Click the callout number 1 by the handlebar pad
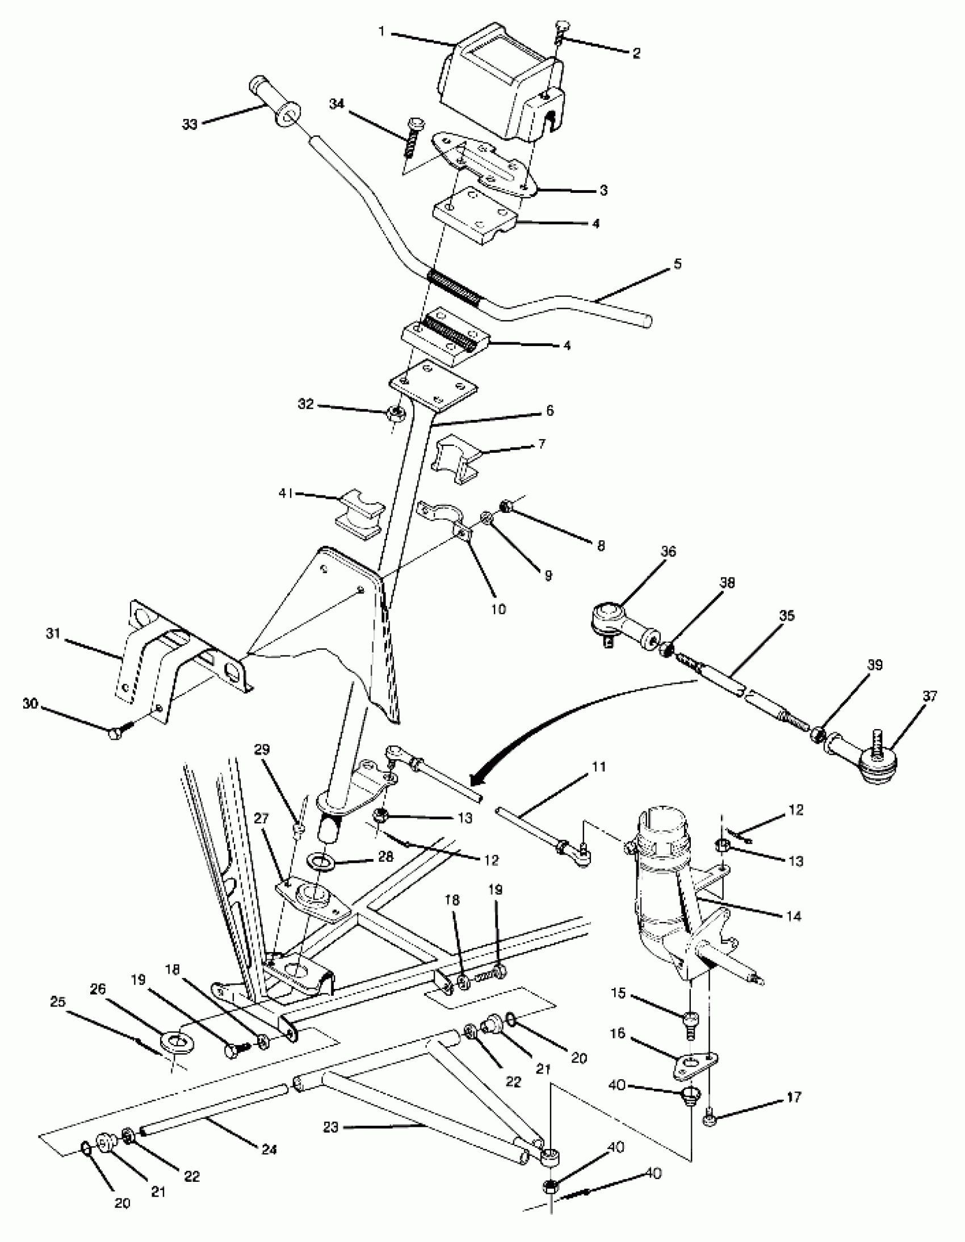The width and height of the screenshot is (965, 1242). tap(383, 31)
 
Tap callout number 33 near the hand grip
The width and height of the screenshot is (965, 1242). tap(190, 124)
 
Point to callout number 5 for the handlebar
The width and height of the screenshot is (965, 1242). tap(677, 264)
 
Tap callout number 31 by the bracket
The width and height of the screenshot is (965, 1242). tap(53, 634)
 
